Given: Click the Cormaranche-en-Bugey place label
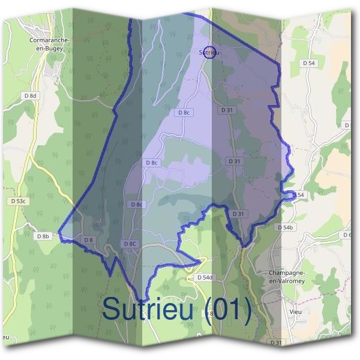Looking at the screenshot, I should (50, 44).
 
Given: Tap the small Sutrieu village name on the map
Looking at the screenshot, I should (208, 53).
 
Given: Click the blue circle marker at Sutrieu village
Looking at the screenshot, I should (209, 52).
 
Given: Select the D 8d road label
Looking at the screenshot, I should (30, 95).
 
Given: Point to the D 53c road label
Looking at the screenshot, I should (18, 201).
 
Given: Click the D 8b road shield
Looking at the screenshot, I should (42, 236).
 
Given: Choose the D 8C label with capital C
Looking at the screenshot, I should (131, 244).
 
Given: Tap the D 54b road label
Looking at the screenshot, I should (285, 228).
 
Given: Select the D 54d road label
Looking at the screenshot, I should (205, 277).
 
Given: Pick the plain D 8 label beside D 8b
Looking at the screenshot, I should (89, 240).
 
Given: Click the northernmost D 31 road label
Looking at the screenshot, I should (226, 110).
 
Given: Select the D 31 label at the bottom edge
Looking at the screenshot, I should (275, 342).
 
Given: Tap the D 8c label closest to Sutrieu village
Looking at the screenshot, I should (184, 112).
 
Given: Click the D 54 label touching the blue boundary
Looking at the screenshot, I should (298, 195).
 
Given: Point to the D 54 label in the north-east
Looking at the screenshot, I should (309, 62).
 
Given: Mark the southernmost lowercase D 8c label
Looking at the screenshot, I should (137, 205).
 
